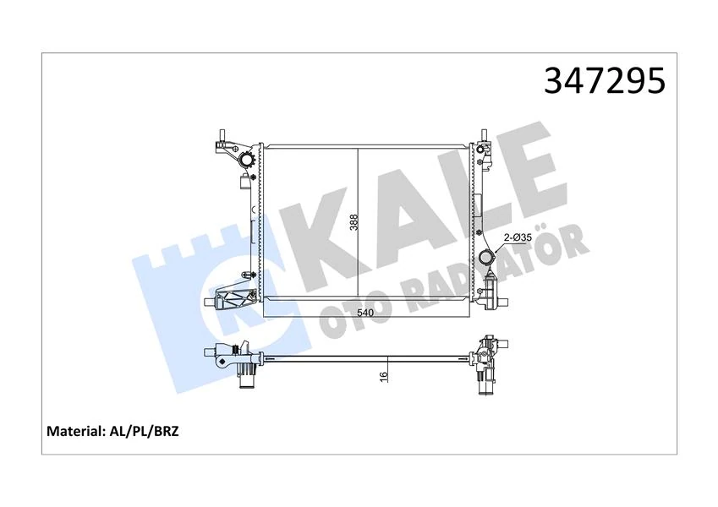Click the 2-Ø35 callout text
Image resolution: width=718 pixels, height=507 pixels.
coord(518,239)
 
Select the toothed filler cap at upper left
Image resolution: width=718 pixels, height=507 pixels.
coord(246,160)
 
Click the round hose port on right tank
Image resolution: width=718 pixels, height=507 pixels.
coord(487,258)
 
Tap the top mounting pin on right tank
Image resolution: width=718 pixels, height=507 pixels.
coord(484,136)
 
